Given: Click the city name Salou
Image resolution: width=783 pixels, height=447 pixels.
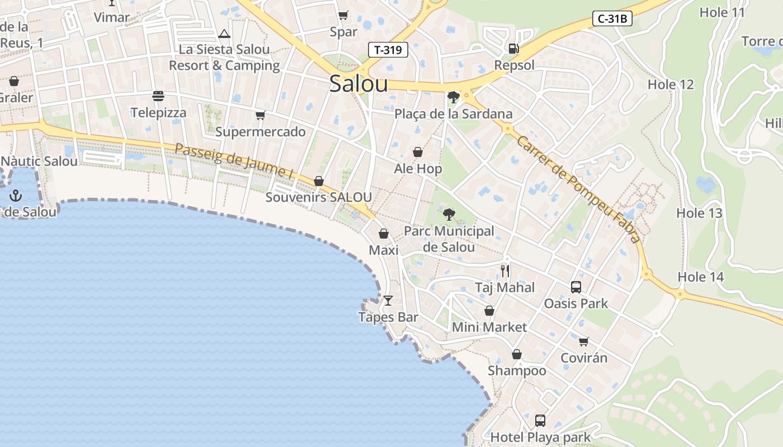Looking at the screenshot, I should coord(359,84).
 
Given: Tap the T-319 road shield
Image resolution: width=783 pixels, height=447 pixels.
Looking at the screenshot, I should coord(388,50).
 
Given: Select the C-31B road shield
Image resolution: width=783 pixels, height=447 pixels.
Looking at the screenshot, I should coord(612,19).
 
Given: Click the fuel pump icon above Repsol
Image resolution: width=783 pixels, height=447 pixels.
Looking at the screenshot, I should coord(513,49).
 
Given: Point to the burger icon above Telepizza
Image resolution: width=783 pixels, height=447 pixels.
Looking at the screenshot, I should coord(158,96).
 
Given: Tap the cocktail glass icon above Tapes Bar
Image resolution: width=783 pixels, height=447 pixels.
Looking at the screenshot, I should coord(388,301).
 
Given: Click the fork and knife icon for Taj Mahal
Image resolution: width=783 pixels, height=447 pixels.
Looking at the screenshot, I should coord(505,271).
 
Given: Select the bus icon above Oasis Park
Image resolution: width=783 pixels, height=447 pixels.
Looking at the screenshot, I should coord(576,287).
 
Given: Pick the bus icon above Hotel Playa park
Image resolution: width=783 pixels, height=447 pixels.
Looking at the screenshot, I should coord(540,420).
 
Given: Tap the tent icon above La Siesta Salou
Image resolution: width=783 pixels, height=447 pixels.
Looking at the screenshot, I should coord(224,34).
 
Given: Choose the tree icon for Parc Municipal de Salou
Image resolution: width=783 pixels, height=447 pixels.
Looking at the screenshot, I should coord(449,214).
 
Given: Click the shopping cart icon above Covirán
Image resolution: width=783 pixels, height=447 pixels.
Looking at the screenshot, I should coord(583,341).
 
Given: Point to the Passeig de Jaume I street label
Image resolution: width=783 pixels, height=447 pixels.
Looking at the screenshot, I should coord(235,162).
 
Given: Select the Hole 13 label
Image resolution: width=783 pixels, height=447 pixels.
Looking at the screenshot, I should coord(699,213).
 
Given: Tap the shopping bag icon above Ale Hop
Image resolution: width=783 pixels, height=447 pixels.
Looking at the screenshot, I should coord(418,152).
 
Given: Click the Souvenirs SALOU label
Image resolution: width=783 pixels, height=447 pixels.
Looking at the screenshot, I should coord(318,197).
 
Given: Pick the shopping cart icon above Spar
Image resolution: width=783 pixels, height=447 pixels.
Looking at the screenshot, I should coord(343,15).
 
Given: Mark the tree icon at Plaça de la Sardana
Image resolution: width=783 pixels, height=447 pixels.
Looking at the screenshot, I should coord(454,97).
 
